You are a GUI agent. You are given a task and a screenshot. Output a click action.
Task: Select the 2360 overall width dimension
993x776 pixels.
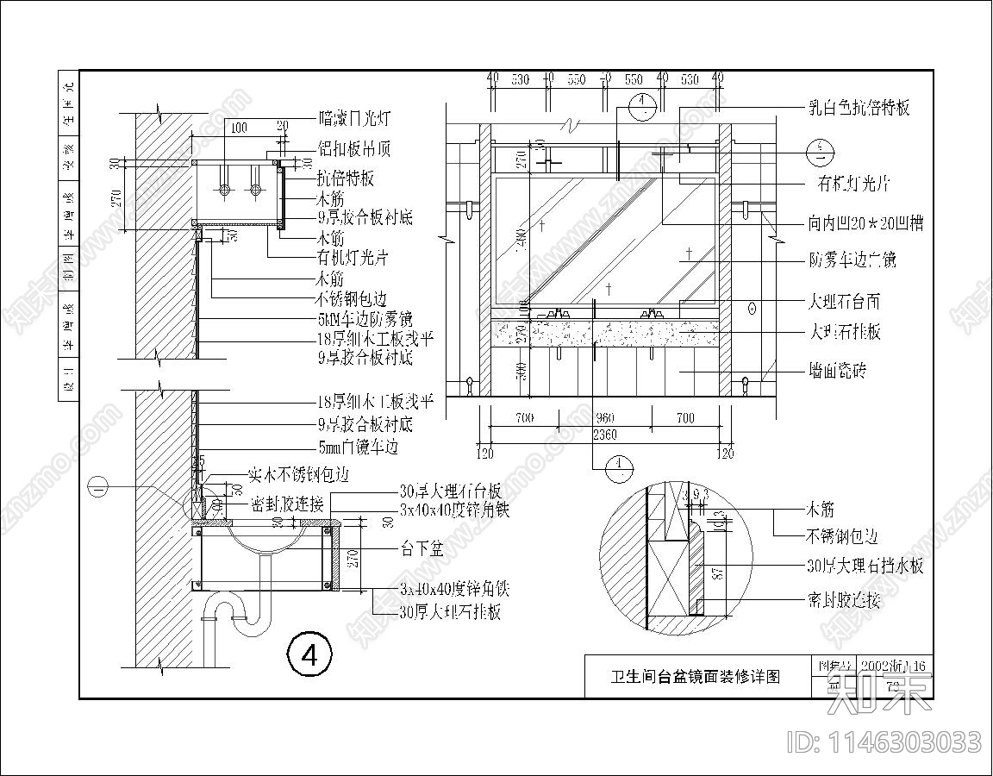click(x=604, y=435)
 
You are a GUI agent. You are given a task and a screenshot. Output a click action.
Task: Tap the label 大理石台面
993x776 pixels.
click(x=844, y=302)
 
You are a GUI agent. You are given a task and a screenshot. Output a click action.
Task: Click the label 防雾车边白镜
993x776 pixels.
click(x=852, y=259)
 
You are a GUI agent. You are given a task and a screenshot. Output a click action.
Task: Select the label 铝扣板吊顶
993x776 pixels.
click(x=354, y=149)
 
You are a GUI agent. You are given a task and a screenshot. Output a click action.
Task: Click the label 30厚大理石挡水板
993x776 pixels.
click(x=865, y=566)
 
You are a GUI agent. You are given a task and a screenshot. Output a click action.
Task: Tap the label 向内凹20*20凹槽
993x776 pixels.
click(x=865, y=223)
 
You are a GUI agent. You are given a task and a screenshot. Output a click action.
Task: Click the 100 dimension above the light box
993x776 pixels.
click(x=239, y=128)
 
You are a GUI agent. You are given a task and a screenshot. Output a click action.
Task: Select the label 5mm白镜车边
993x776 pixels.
click(x=358, y=447)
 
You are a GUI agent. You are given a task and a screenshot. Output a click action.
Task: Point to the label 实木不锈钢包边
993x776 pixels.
click(x=298, y=474)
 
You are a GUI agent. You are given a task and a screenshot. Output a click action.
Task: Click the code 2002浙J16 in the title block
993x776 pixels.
click(x=899, y=666)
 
